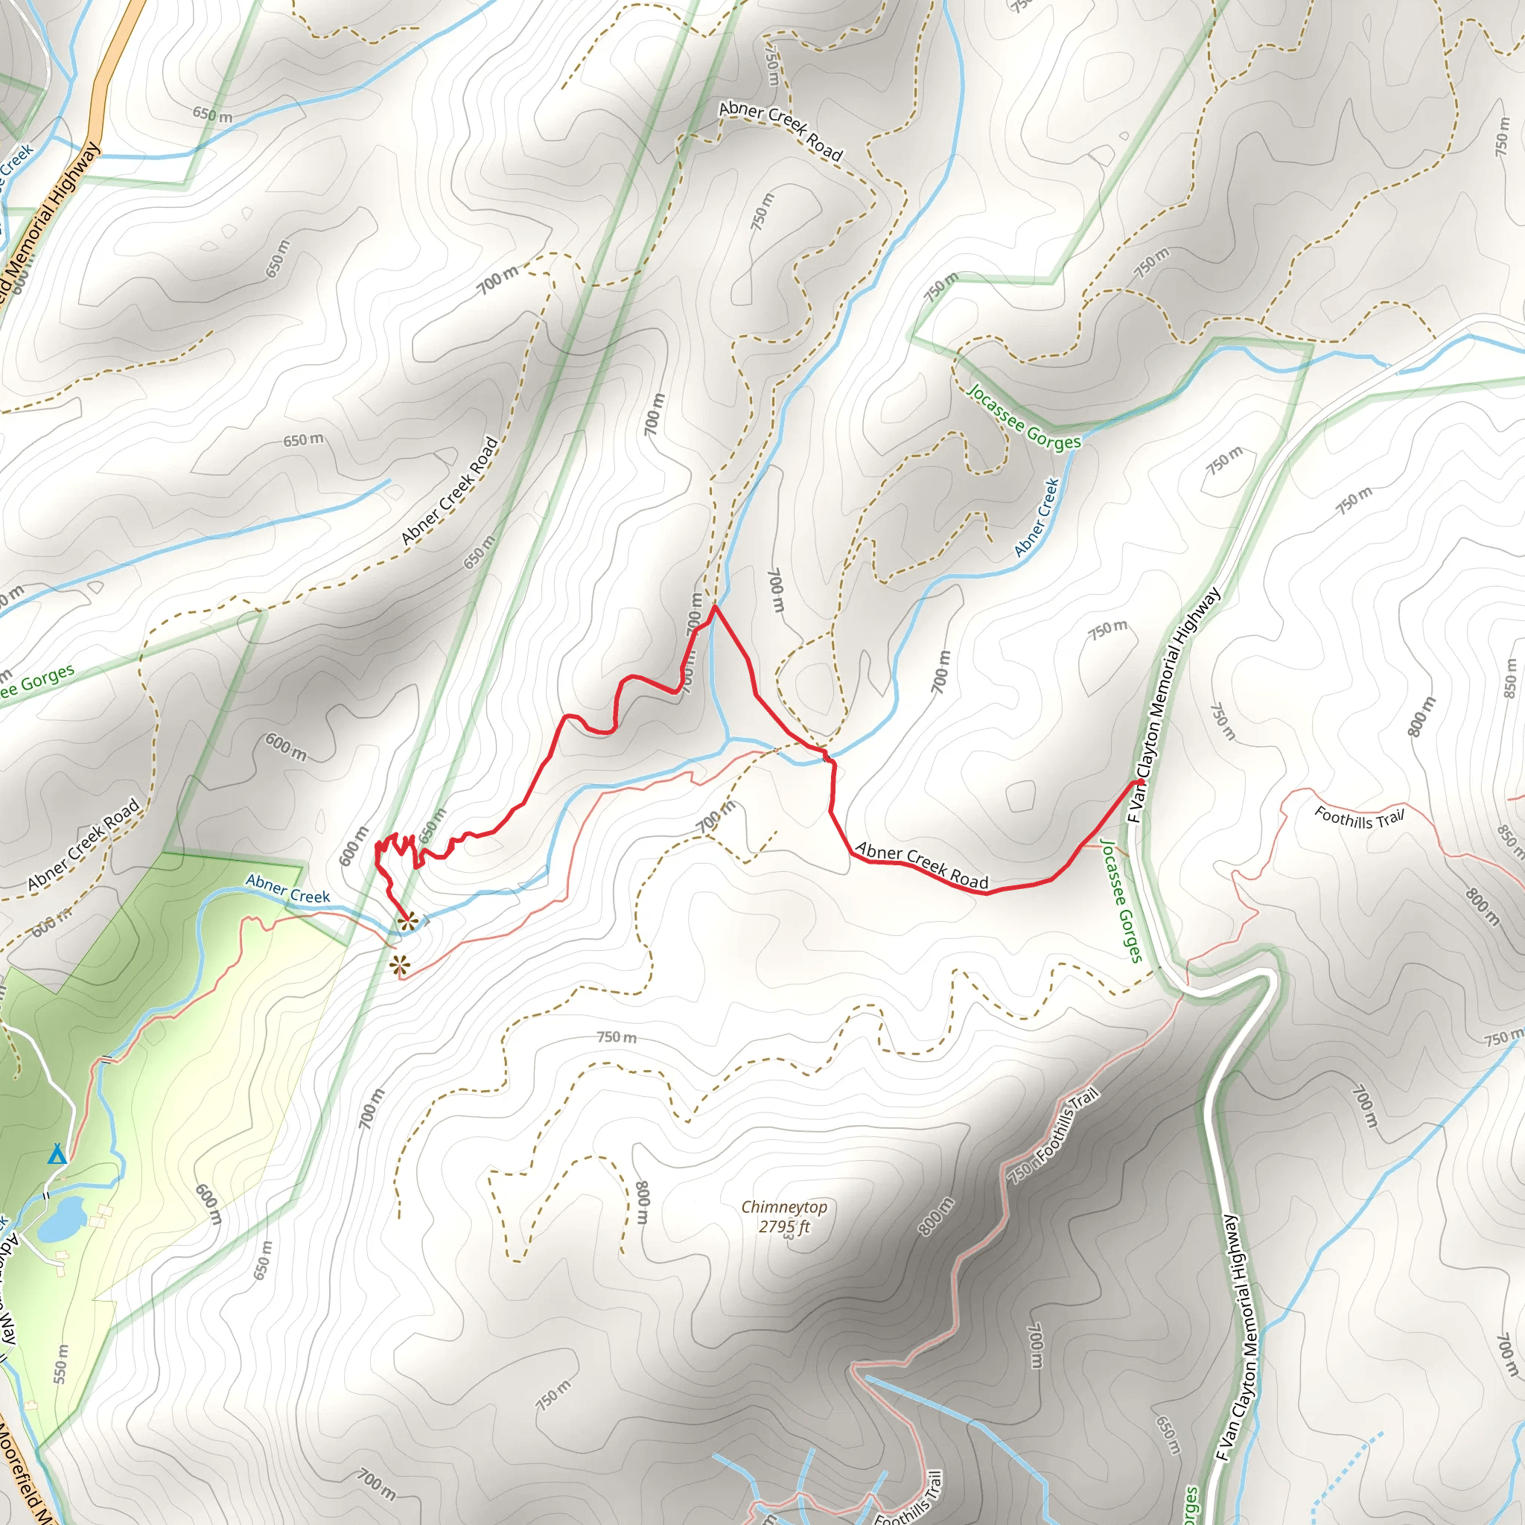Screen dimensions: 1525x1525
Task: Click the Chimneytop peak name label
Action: tap(784, 1207)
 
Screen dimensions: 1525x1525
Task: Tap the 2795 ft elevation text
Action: tap(784, 1226)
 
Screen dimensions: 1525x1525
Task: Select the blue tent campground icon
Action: tap(56, 1155)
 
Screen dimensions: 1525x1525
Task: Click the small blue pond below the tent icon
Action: tap(62, 1218)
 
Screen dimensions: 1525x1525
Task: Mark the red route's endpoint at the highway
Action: tap(1140, 783)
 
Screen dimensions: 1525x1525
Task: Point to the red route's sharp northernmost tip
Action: tap(714, 606)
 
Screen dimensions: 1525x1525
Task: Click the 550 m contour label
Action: tap(61, 1364)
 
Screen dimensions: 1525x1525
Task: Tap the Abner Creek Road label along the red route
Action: tap(921, 865)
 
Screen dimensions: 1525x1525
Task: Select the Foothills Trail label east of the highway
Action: tap(1359, 818)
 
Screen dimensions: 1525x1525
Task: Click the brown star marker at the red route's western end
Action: tap(407, 920)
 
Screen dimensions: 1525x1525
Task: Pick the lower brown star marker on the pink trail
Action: tap(400, 964)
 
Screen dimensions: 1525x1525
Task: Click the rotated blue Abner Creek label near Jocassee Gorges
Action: tap(1037, 518)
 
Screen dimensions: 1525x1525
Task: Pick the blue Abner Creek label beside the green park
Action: tap(287, 888)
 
